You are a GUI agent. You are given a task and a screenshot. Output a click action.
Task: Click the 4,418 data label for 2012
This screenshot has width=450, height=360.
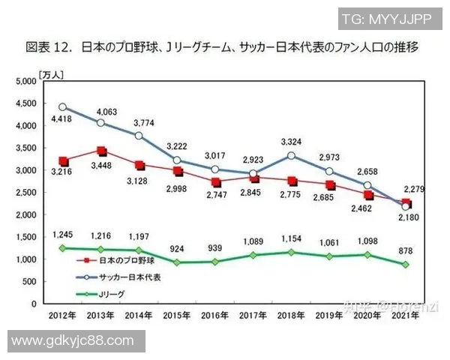pyautogui.click(x=61, y=118)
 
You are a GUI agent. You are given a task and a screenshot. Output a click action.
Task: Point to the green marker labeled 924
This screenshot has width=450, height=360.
pyautogui.click(x=177, y=262)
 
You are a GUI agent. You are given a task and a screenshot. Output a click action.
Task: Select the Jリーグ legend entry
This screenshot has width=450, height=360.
pyautogui.click(x=109, y=293)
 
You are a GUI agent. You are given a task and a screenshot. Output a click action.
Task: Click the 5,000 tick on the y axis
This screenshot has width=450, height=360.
pyautogui.click(x=25, y=81)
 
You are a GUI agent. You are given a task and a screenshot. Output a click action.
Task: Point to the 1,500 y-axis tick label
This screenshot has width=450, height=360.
pyautogui.click(x=25, y=237)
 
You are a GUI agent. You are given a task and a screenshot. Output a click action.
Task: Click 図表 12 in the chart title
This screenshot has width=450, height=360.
pyautogui.click(x=48, y=47)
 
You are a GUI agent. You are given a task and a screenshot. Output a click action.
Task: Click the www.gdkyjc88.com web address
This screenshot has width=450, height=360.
pyautogui.click(x=73, y=341)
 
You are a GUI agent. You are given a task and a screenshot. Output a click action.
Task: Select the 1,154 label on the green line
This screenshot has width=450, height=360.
pyautogui.click(x=292, y=237)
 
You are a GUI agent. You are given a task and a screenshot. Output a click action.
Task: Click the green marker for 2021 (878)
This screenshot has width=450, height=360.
pyautogui.click(x=406, y=265)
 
